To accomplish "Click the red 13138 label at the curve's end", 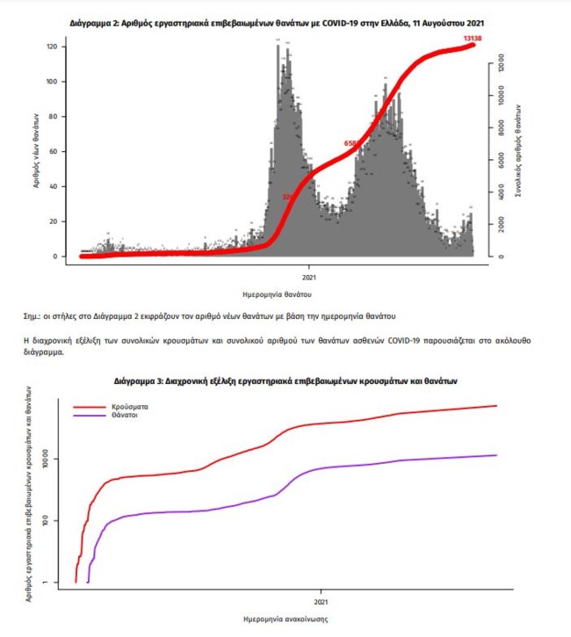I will pyautogui.click(x=462, y=38).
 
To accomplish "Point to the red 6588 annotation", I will pyautogui.click(x=351, y=142).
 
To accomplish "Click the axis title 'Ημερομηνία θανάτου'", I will pyautogui.click(x=278, y=293).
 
